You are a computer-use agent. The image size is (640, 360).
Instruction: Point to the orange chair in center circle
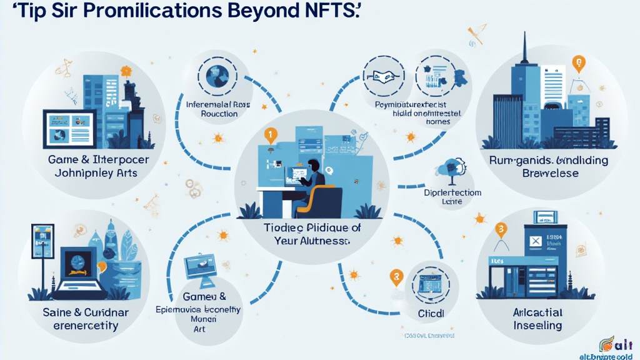[322, 200]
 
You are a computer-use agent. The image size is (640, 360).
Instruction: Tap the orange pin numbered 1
[270, 133]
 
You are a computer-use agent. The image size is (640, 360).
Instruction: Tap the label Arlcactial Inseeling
[537, 319]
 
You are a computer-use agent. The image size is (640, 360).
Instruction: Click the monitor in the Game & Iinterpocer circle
[69, 128]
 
